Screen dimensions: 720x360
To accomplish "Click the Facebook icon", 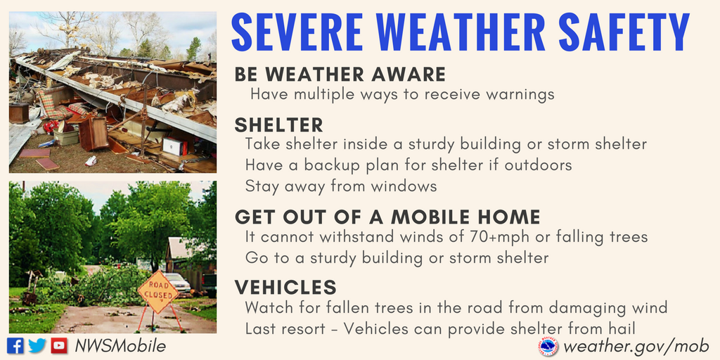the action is [x=15, y=345].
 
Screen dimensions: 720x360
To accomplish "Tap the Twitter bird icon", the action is [x=37, y=345].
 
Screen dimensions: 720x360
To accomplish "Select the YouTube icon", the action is [x=59, y=345].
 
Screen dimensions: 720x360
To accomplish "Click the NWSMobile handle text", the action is [x=120, y=346].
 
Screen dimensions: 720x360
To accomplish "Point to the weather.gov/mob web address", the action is [x=636, y=346].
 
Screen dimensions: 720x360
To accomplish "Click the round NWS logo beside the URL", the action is [x=548, y=346].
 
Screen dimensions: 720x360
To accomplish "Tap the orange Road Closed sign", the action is [x=158, y=292].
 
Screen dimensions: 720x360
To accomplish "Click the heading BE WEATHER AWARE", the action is [x=340, y=75].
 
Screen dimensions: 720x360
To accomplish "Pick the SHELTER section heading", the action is [x=278, y=125].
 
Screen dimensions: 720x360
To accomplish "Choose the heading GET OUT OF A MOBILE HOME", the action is [x=387, y=217].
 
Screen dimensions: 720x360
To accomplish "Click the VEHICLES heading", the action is [x=285, y=287].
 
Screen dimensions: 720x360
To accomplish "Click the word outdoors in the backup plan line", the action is [x=538, y=165].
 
